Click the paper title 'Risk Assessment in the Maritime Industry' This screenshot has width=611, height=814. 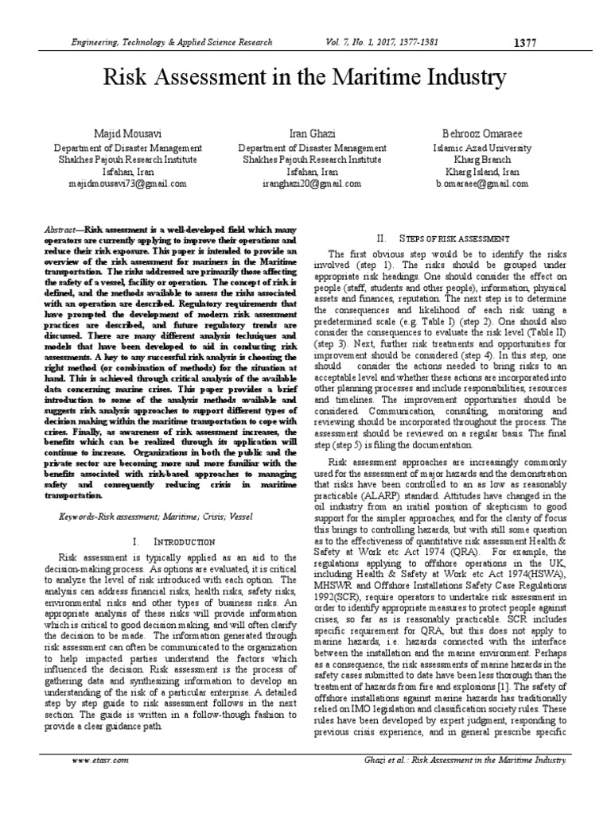coord(305,79)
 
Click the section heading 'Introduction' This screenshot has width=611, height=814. coord(173,541)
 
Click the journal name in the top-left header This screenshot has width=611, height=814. coord(172,43)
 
